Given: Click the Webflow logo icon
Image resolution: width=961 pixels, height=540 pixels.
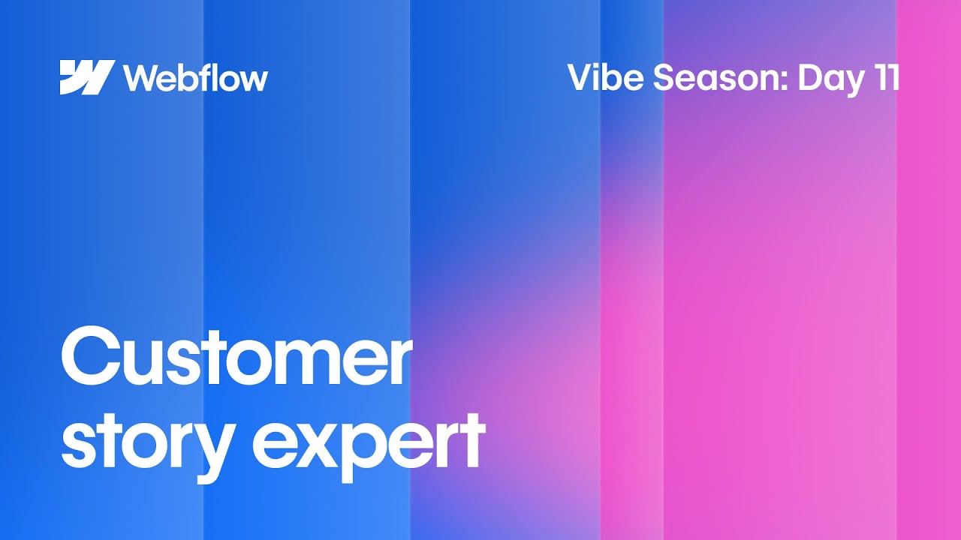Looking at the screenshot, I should [87, 77].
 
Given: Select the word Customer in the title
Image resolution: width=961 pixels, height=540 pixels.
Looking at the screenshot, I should [236, 358].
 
